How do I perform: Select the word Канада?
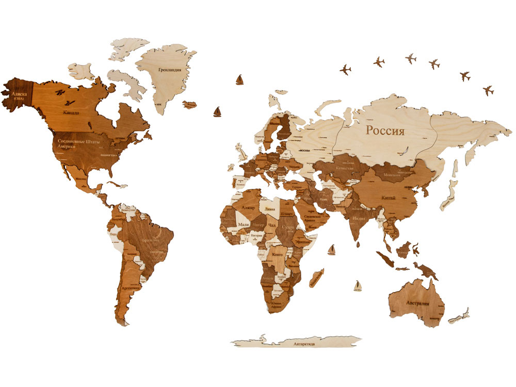click(71, 112)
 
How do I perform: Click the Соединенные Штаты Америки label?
click(78, 143)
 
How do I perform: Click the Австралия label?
click(417, 303)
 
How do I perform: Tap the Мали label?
click(244, 225)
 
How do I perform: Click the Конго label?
click(277, 255)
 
